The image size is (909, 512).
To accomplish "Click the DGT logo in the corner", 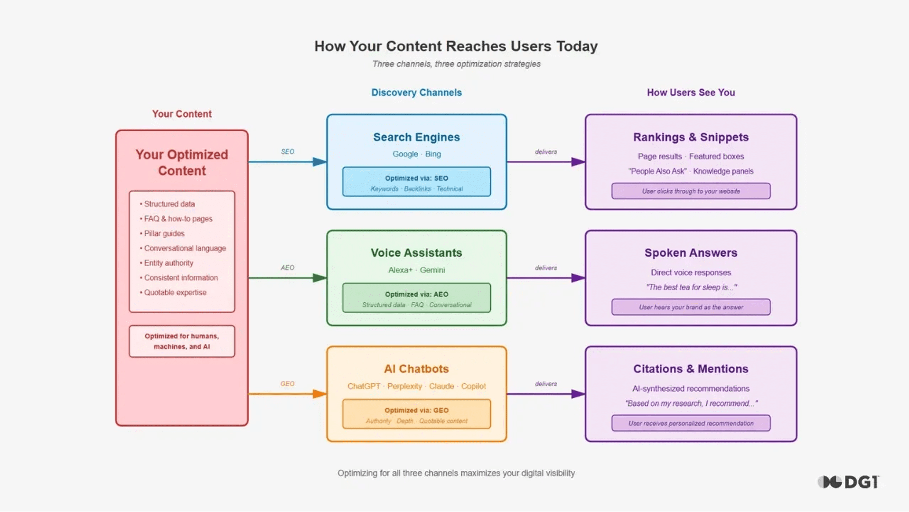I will click(x=848, y=482).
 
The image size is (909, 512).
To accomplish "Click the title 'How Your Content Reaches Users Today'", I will click(x=456, y=46).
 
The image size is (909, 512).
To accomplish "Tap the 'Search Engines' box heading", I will click(x=416, y=137).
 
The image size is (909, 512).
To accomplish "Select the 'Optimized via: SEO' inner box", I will click(x=416, y=182).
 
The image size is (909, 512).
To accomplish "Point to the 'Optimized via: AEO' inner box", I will click(x=416, y=298).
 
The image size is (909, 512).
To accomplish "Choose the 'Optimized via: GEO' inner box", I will click(x=416, y=414).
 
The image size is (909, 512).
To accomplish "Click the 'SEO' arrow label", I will click(x=288, y=152).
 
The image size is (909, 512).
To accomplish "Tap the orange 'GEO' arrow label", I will click(x=287, y=384).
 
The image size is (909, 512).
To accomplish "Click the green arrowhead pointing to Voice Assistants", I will click(x=319, y=278).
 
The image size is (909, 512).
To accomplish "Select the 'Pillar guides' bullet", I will click(x=164, y=233).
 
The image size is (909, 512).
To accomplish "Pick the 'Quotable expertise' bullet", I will click(x=175, y=293).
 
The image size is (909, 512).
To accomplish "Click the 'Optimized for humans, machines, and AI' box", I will click(x=182, y=341).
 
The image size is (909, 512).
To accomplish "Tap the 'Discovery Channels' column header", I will click(x=416, y=93).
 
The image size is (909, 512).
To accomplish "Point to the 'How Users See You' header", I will click(x=691, y=93).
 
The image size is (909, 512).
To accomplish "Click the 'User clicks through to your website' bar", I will click(x=691, y=191).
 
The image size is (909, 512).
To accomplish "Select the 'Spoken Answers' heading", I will click(x=691, y=253).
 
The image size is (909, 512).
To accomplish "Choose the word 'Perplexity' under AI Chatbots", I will click(x=404, y=386).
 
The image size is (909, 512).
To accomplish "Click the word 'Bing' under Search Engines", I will click(x=433, y=154).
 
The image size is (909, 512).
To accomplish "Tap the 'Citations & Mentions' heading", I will click(x=691, y=369).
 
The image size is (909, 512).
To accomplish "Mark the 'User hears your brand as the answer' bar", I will click(x=691, y=307).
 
